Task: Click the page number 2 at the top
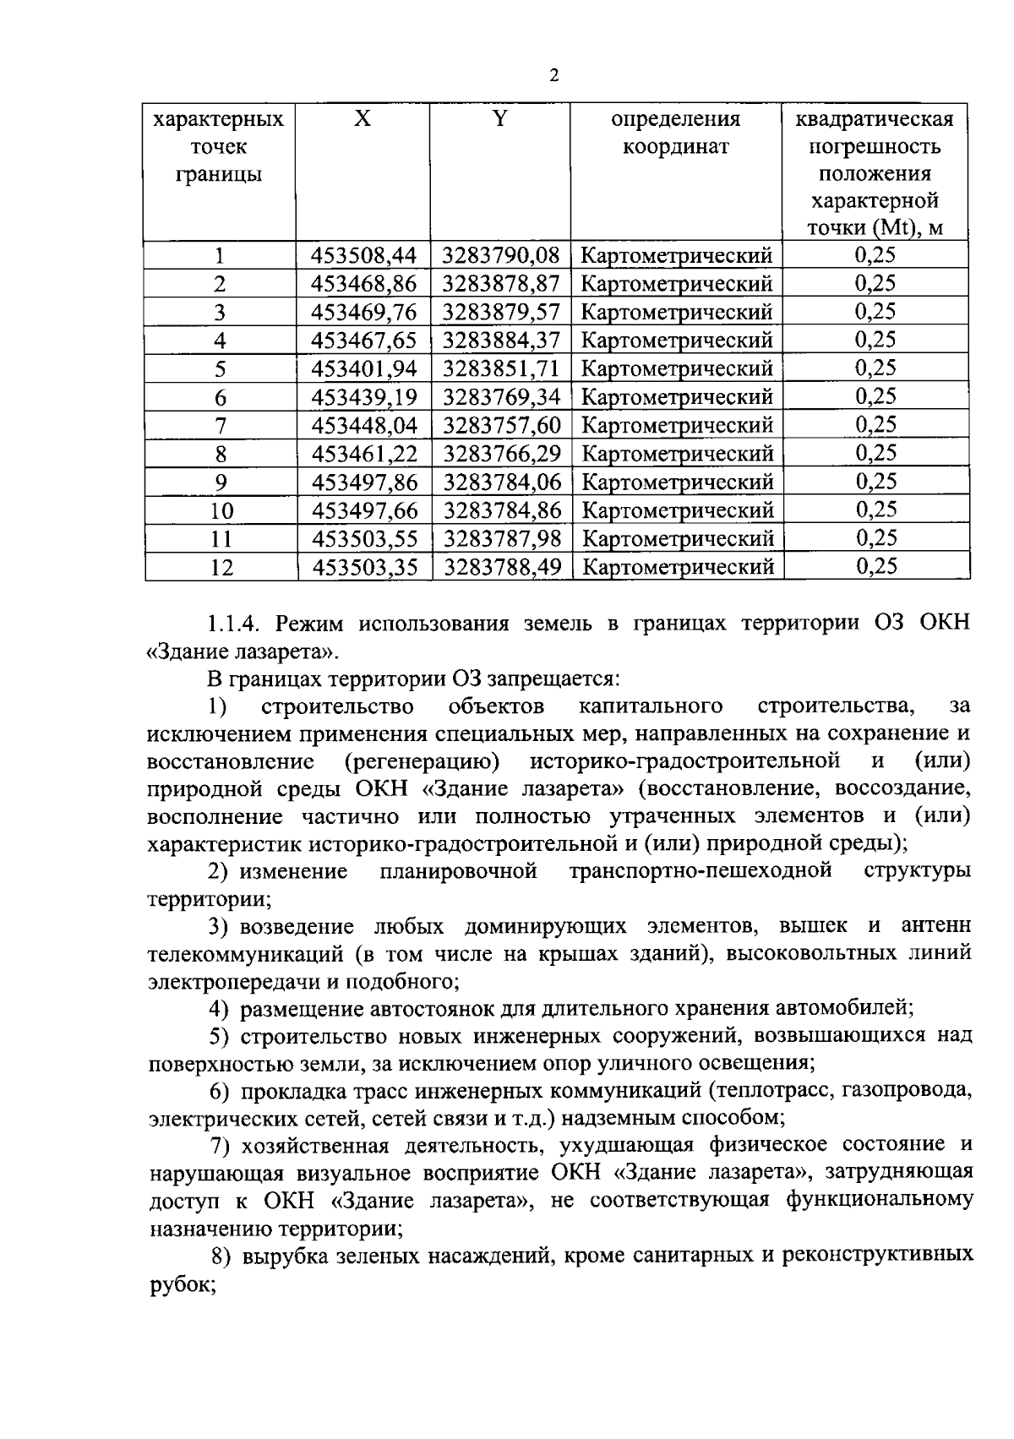(553, 76)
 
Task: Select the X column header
(363, 119)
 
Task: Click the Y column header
(500, 119)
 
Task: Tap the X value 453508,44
(364, 255)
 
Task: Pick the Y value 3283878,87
(501, 283)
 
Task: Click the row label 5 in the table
(221, 369)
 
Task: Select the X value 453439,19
(364, 397)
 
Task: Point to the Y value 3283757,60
(501, 425)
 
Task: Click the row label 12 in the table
(221, 568)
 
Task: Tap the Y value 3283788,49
(501, 567)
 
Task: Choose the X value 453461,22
(364, 454)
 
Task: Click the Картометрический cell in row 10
(678, 510)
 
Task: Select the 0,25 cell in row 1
(875, 255)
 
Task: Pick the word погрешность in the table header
(875, 147)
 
